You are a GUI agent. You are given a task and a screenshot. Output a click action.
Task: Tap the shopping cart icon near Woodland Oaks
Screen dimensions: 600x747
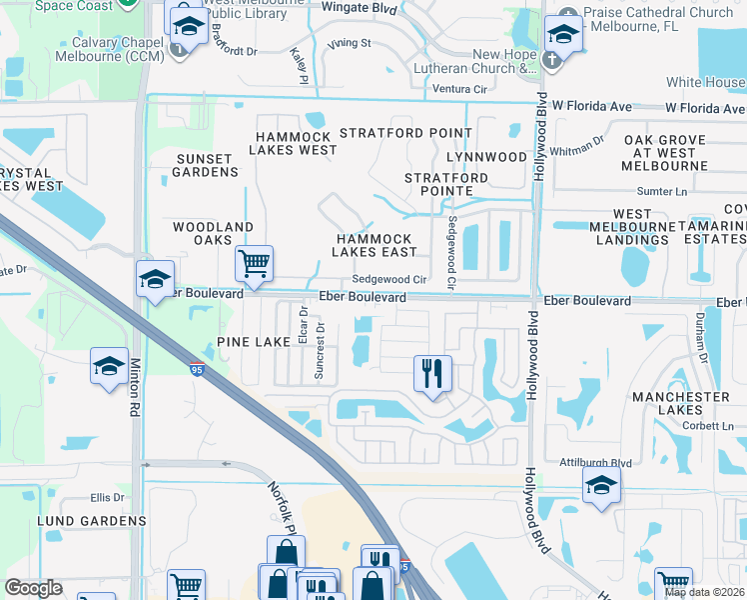(255, 264)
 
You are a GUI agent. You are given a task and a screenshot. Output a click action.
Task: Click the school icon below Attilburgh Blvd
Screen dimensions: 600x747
(602, 486)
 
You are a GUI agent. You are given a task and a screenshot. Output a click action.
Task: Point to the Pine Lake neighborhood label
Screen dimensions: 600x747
(255, 342)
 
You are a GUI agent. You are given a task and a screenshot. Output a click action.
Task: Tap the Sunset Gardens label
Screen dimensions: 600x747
(204, 165)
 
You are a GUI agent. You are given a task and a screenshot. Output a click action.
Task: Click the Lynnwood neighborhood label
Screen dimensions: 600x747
(486, 157)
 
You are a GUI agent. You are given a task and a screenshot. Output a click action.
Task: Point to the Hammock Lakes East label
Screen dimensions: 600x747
(374, 246)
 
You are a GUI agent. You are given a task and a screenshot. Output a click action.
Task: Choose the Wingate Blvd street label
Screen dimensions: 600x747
(359, 9)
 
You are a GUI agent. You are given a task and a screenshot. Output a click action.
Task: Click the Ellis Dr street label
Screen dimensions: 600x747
(107, 497)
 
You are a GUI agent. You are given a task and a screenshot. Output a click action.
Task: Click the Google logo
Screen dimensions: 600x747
(34, 589)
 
